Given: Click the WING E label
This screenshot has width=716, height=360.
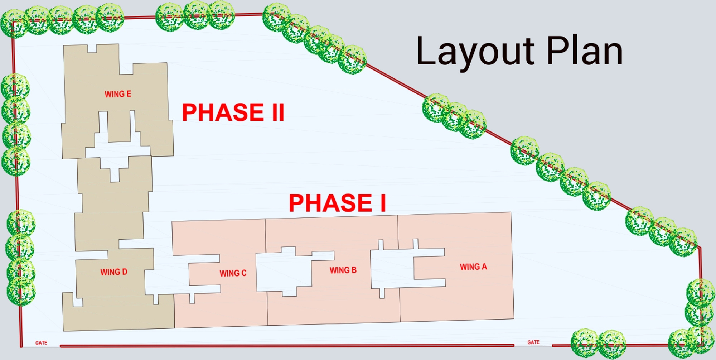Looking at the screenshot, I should point(118,94).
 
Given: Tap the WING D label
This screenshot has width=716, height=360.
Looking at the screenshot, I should point(113,272).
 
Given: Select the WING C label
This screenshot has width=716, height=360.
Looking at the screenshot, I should point(233,273).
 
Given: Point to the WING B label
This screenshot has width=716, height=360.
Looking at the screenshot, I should point(343,270).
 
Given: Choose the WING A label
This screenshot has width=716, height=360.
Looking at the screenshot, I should point(473,267).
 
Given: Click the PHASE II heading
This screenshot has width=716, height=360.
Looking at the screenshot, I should point(233,112).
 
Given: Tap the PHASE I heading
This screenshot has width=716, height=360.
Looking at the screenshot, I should point(337,203).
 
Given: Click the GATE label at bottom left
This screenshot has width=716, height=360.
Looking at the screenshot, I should point(41,343).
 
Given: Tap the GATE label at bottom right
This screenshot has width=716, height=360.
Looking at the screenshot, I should point(533,342).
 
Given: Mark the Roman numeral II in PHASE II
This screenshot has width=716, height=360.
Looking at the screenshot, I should point(278,112).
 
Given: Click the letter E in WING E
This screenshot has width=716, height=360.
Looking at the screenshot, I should point(129,94).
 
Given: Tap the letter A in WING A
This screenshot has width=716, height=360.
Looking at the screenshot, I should point(484,267).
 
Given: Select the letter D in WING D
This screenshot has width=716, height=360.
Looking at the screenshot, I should point(125,272).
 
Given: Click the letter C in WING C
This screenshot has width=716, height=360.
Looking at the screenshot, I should point(244,273).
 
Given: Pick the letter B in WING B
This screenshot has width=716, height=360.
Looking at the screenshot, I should point(354,270).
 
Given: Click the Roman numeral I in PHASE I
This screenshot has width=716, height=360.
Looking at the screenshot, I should point(383,203).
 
